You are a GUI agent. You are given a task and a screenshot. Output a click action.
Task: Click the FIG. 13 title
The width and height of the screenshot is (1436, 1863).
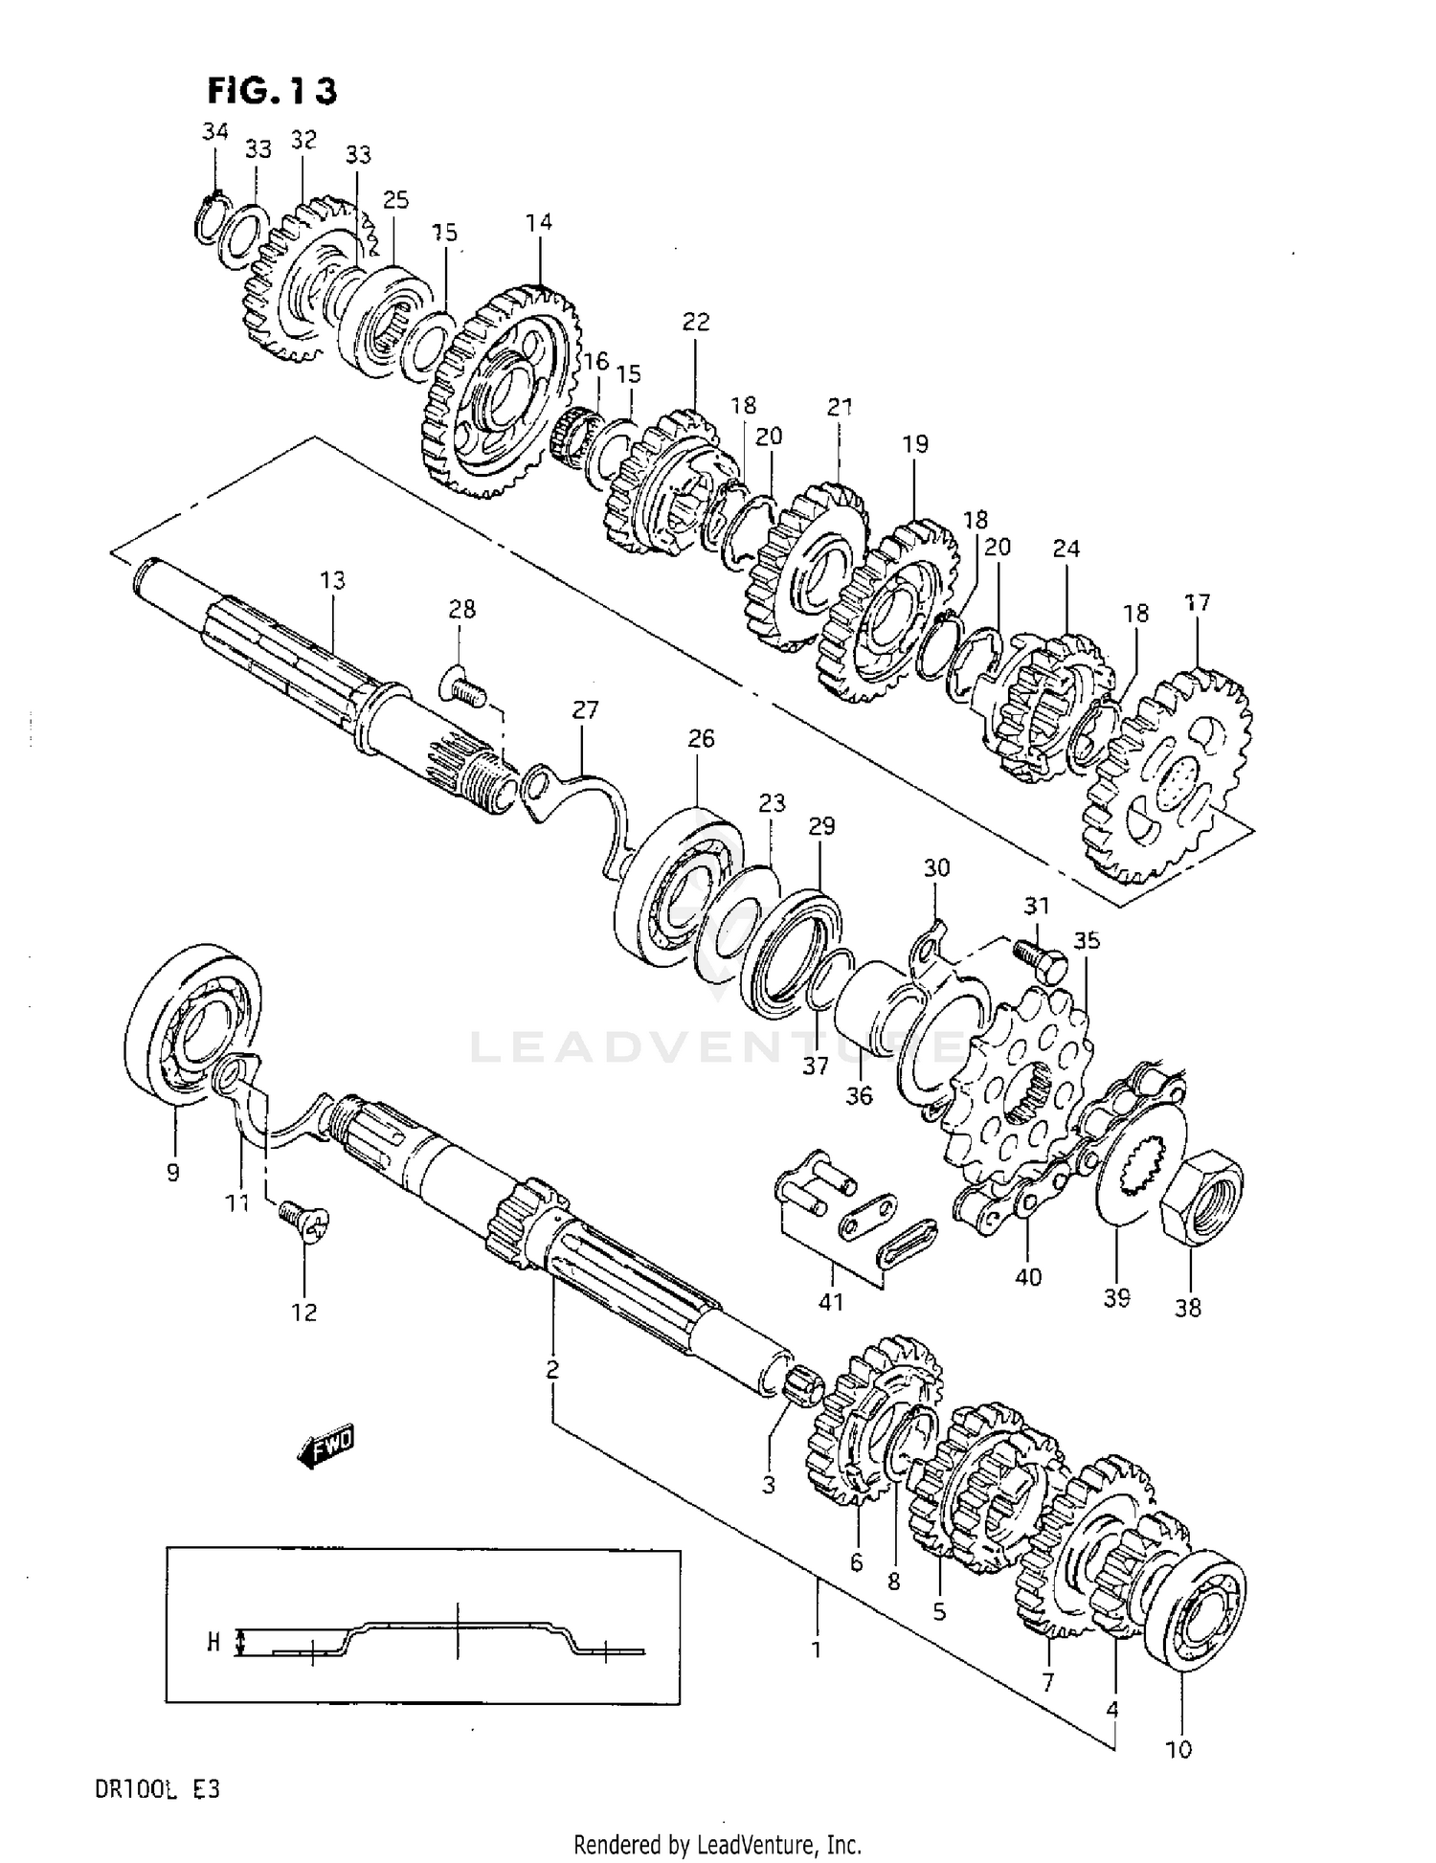(272, 91)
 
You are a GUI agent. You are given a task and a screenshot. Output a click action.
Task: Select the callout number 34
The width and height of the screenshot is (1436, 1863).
(215, 131)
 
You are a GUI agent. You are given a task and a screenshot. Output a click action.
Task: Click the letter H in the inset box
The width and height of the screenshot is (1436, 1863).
(213, 1643)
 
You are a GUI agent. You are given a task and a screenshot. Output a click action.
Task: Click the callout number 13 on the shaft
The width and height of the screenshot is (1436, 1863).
(333, 580)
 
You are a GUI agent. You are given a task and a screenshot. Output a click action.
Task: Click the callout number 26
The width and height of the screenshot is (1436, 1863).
(701, 738)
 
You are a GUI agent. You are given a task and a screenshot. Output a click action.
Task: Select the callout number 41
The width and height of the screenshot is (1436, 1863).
(831, 1302)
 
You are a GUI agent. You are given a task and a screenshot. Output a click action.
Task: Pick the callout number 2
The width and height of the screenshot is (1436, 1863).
(552, 1370)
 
